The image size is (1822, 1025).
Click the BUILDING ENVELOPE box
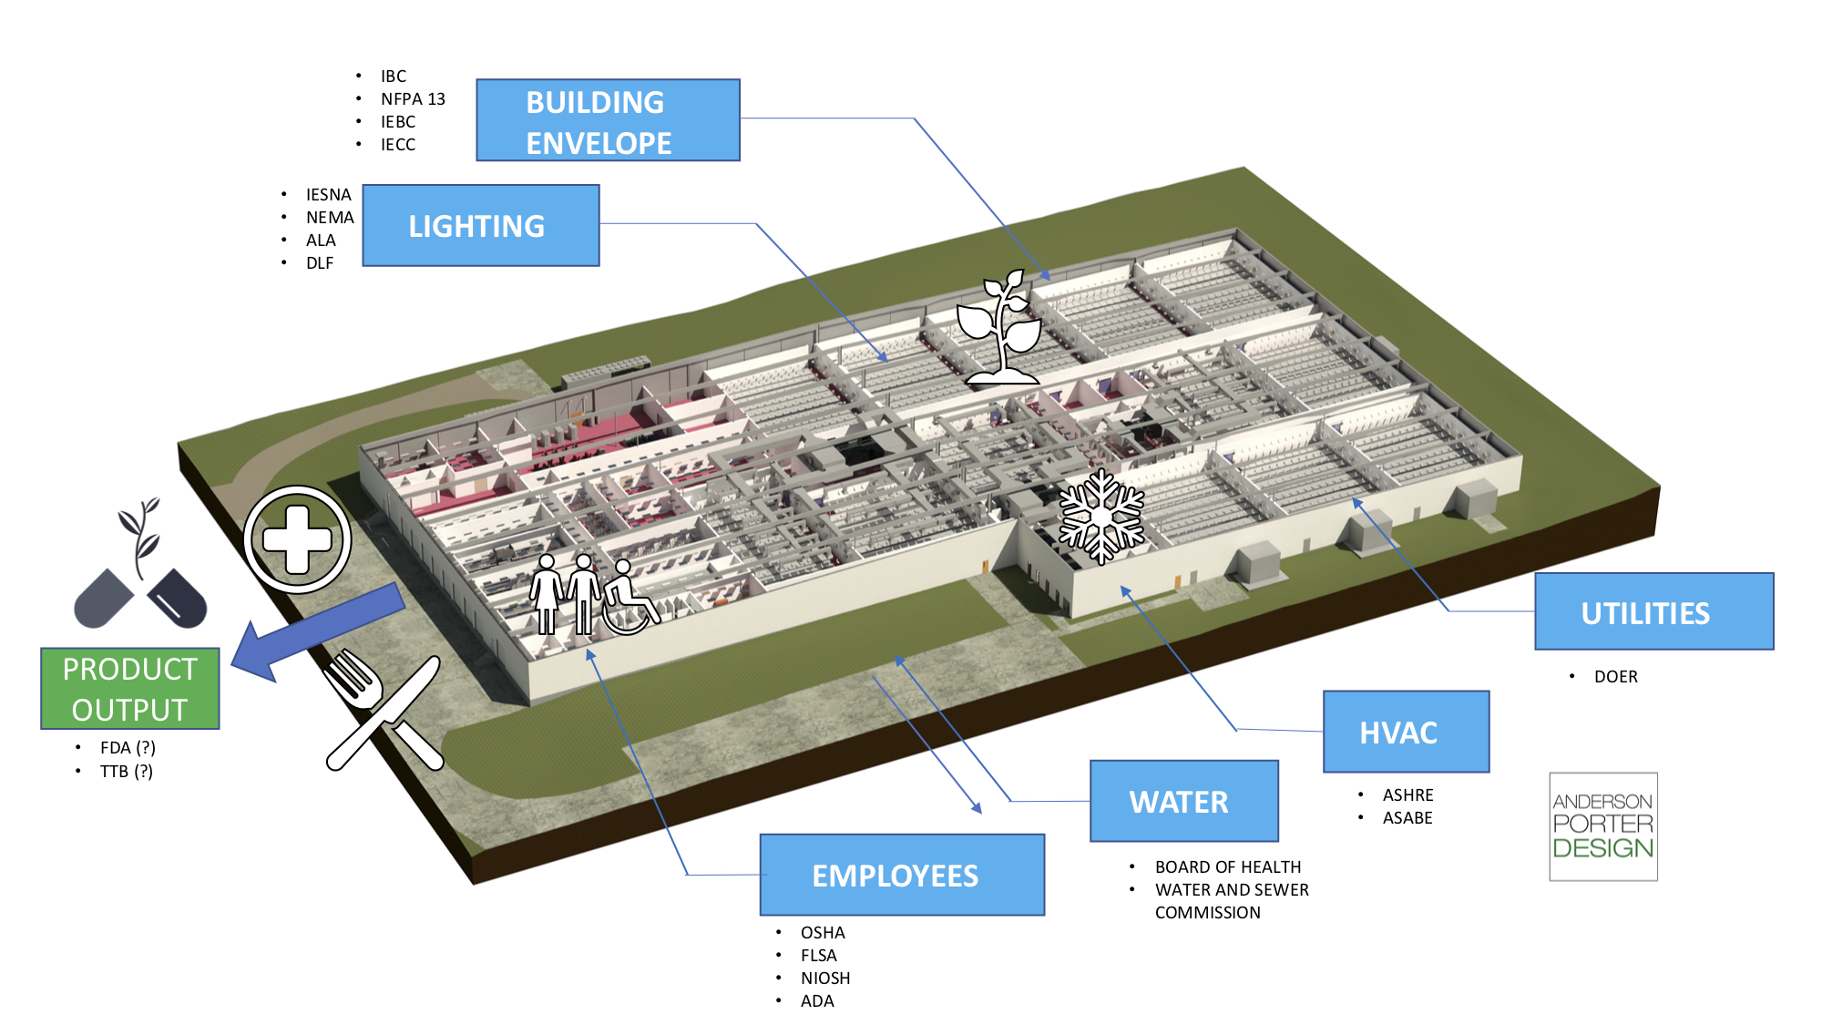(x=608, y=120)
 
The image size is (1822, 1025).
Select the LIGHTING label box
(x=481, y=226)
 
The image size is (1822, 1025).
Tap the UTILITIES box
(x=1653, y=611)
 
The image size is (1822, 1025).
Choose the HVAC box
(x=1406, y=732)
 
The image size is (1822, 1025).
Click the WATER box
(x=1183, y=801)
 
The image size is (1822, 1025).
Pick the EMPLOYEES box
(x=902, y=875)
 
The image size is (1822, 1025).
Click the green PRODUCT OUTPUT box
(x=130, y=689)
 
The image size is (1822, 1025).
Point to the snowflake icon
(x=1101, y=516)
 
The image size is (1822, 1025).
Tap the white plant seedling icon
(x=999, y=328)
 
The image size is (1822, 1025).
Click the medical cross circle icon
(x=297, y=539)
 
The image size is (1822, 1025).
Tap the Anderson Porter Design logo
(x=1602, y=825)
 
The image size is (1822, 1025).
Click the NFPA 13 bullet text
(x=413, y=98)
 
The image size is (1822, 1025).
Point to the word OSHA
(x=823, y=932)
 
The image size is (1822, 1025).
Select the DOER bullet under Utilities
(x=1615, y=676)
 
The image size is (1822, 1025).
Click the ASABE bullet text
(x=1407, y=817)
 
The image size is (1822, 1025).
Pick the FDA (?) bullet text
(x=128, y=747)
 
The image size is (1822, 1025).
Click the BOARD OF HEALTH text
(x=1227, y=866)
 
